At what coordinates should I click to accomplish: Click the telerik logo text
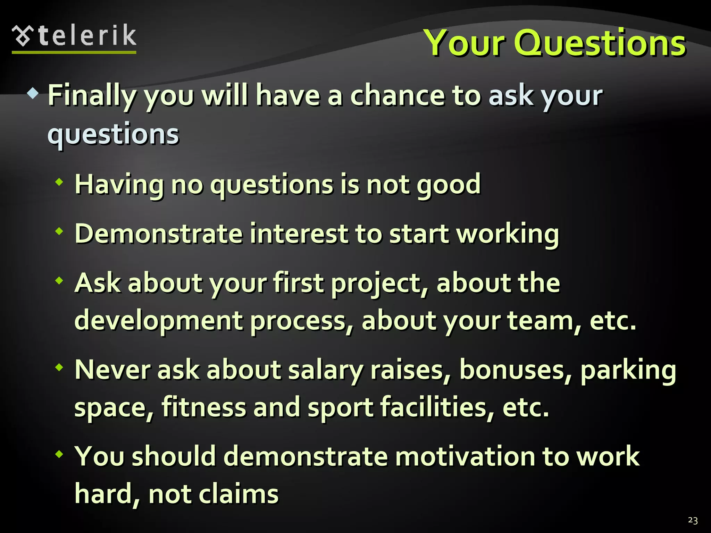click(x=87, y=36)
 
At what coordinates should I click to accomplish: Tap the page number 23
click(x=693, y=520)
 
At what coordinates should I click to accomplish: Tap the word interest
click(x=299, y=234)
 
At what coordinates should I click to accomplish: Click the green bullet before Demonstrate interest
click(x=59, y=231)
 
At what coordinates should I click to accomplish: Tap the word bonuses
click(x=515, y=370)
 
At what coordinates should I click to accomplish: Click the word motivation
click(x=465, y=456)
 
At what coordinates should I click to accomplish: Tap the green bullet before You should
click(x=59, y=454)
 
